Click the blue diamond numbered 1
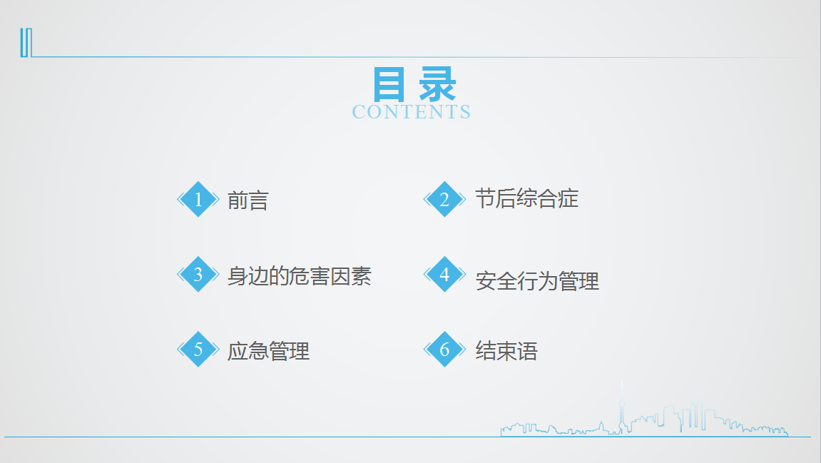(x=198, y=199)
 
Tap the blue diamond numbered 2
(x=444, y=199)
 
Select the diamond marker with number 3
(x=198, y=274)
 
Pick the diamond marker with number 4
(x=444, y=274)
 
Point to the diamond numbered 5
(x=198, y=349)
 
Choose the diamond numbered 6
(x=444, y=349)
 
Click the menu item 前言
(x=248, y=200)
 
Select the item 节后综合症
(x=526, y=199)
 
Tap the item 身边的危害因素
(x=300, y=276)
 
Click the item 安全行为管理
(x=537, y=281)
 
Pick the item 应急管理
(x=269, y=351)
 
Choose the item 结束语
(x=506, y=351)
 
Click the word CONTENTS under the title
(x=412, y=112)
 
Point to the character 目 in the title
(x=389, y=84)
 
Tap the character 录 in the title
(x=438, y=84)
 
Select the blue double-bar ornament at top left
(x=26, y=42)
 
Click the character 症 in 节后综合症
(x=568, y=199)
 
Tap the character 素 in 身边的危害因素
(x=362, y=276)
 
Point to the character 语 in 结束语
(x=527, y=351)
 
